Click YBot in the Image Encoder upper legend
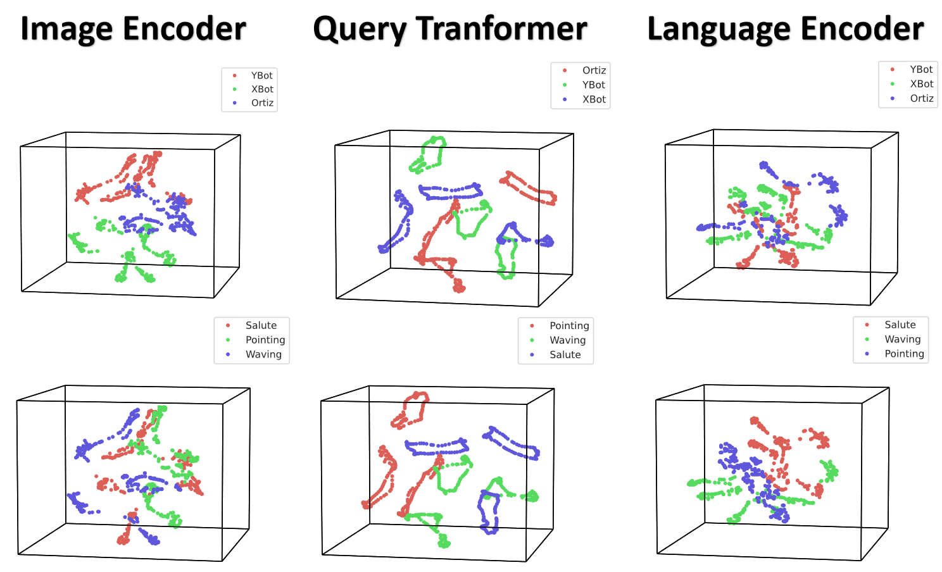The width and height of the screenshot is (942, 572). (261, 76)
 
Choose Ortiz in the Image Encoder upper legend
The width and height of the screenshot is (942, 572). (263, 103)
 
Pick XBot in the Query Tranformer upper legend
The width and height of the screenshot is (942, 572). (594, 99)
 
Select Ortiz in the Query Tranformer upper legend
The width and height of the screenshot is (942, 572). (594, 71)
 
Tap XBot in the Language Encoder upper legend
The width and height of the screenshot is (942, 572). (921, 84)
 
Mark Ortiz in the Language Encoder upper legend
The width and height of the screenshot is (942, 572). (921, 98)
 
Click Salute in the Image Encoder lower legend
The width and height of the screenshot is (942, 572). (261, 326)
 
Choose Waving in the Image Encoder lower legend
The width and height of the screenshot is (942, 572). (263, 355)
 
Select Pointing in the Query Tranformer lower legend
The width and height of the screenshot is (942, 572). (569, 326)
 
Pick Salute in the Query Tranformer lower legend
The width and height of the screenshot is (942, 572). (565, 355)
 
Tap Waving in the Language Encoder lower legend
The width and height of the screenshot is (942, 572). (903, 340)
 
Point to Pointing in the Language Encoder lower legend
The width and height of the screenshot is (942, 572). (904, 354)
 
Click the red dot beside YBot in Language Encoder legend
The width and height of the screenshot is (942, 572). (892, 70)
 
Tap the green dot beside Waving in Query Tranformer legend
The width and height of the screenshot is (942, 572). (532, 340)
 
